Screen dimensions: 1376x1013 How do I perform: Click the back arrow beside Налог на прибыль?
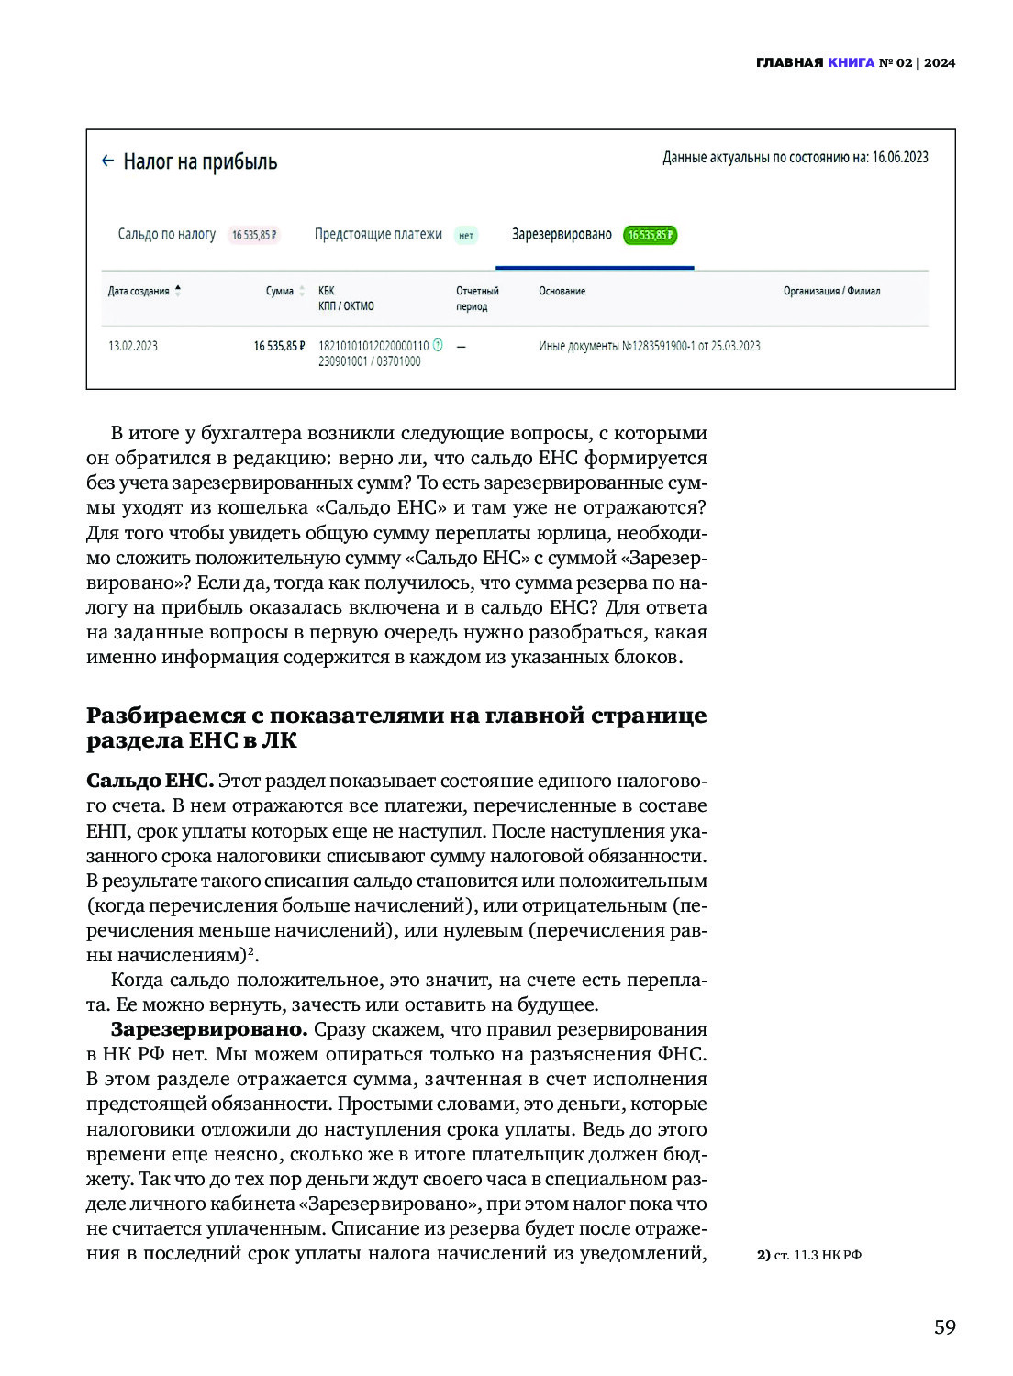click(x=107, y=161)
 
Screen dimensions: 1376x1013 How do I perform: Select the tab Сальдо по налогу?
click(x=167, y=234)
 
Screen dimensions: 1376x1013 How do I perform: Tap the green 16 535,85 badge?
click(x=650, y=235)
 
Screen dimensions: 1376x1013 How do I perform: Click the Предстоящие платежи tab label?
click(x=378, y=234)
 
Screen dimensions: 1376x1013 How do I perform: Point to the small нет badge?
click(x=466, y=236)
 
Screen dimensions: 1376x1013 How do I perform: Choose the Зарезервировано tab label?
click(x=562, y=234)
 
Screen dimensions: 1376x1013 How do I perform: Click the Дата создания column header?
click(x=139, y=291)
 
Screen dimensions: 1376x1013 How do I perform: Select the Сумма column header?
click(x=280, y=291)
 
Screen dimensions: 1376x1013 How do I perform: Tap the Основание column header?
click(x=562, y=291)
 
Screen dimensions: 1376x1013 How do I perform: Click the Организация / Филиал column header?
click(x=831, y=291)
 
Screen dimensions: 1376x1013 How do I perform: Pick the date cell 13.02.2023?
click(x=133, y=346)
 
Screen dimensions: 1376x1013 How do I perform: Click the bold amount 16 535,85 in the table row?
click(x=279, y=346)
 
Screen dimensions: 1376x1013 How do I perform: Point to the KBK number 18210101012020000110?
click(x=373, y=346)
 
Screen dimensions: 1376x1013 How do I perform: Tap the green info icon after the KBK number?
click(x=438, y=345)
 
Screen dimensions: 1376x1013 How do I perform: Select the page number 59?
click(x=944, y=1327)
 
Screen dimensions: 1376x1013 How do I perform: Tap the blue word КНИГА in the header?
click(x=851, y=62)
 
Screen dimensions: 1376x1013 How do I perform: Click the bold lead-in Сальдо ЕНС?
click(x=150, y=781)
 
